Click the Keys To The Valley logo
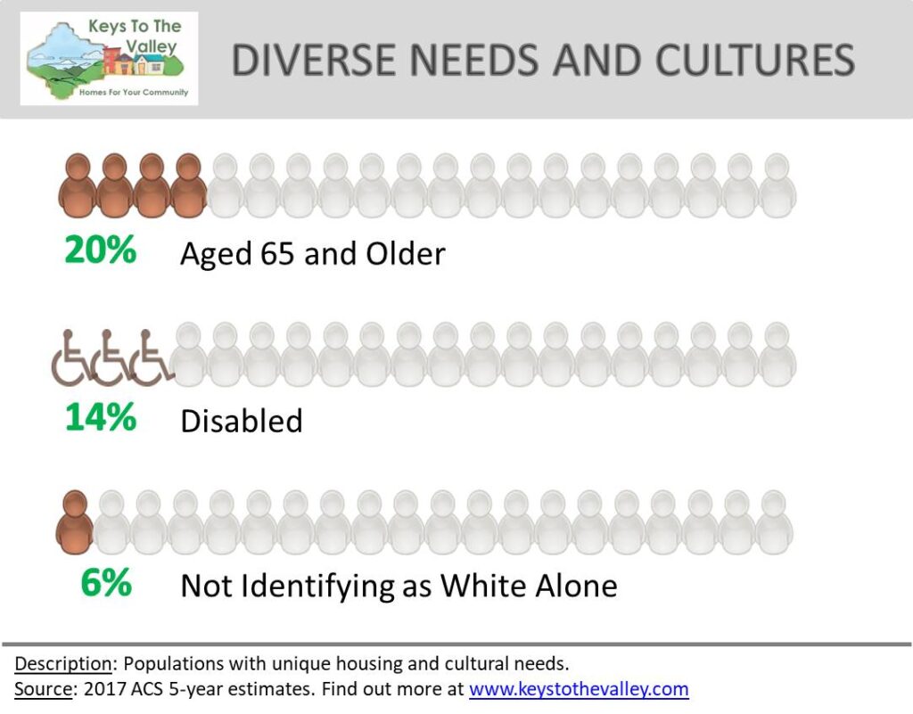click(109, 58)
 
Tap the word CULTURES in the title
click(754, 60)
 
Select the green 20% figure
click(100, 250)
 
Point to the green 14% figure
click(101, 417)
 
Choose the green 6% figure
click(106, 582)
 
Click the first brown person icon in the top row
click(78, 185)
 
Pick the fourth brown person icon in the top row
click(188, 185)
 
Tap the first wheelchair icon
click(70, 358)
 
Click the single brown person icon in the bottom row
click(75, 522)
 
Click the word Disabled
click(242, 421)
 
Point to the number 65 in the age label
click(277, 254)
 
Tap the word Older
click(406, 254)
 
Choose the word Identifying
click(318, 586)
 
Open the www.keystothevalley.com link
click(579, 689)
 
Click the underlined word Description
click(63, 664)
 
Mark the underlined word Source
click(44, 689)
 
